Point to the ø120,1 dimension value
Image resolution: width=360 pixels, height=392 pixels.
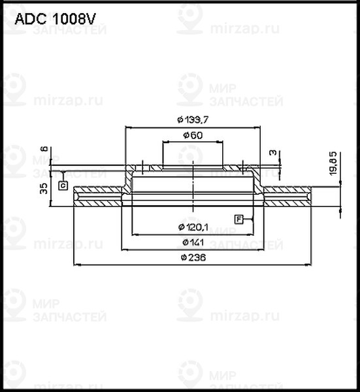(193, 227)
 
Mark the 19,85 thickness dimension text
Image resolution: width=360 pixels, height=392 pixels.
(333, 163)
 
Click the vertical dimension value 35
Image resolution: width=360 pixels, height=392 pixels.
(44, 189)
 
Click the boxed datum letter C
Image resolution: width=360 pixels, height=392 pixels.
(63, 186)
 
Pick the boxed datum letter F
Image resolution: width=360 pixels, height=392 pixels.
(238, 218)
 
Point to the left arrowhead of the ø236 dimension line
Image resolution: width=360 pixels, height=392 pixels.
(77, 265)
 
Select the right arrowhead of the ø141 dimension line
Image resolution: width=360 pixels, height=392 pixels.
(261, 249)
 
